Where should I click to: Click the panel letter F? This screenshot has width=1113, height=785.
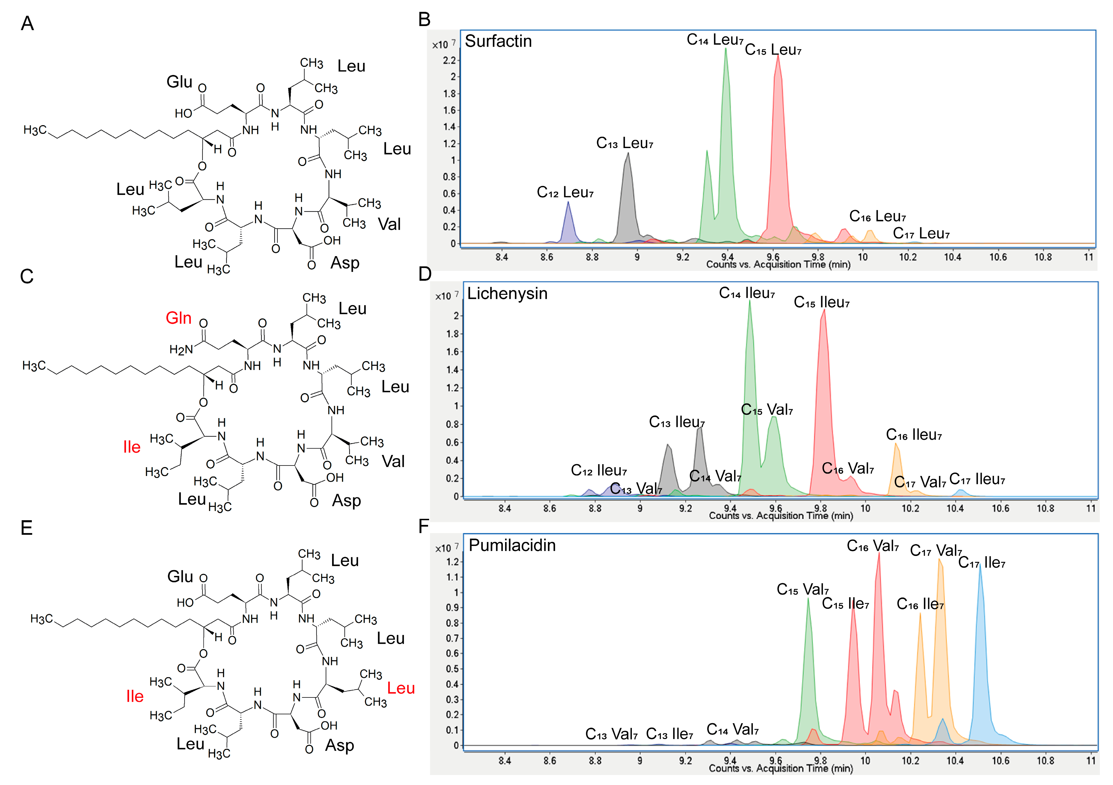[x=424, y=526]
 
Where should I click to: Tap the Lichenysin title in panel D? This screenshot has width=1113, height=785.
[x=507, y=293]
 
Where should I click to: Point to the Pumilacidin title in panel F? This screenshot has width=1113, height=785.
[x=512, y=545]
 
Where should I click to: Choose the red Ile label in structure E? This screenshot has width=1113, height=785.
[x=135, y=696]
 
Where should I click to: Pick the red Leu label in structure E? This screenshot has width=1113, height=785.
[x=401, y=688]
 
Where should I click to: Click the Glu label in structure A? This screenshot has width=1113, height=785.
[x=179, y=82]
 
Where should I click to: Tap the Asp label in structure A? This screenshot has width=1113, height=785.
[x=345, y=263]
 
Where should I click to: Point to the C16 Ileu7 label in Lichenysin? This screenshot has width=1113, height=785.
[x=914, y=435]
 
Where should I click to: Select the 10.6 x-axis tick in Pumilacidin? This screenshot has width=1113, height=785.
[x=1000, y=760]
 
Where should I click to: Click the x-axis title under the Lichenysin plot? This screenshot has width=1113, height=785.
[x=780, y=515]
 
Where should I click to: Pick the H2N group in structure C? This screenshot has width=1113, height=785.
[x=181, y=350]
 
